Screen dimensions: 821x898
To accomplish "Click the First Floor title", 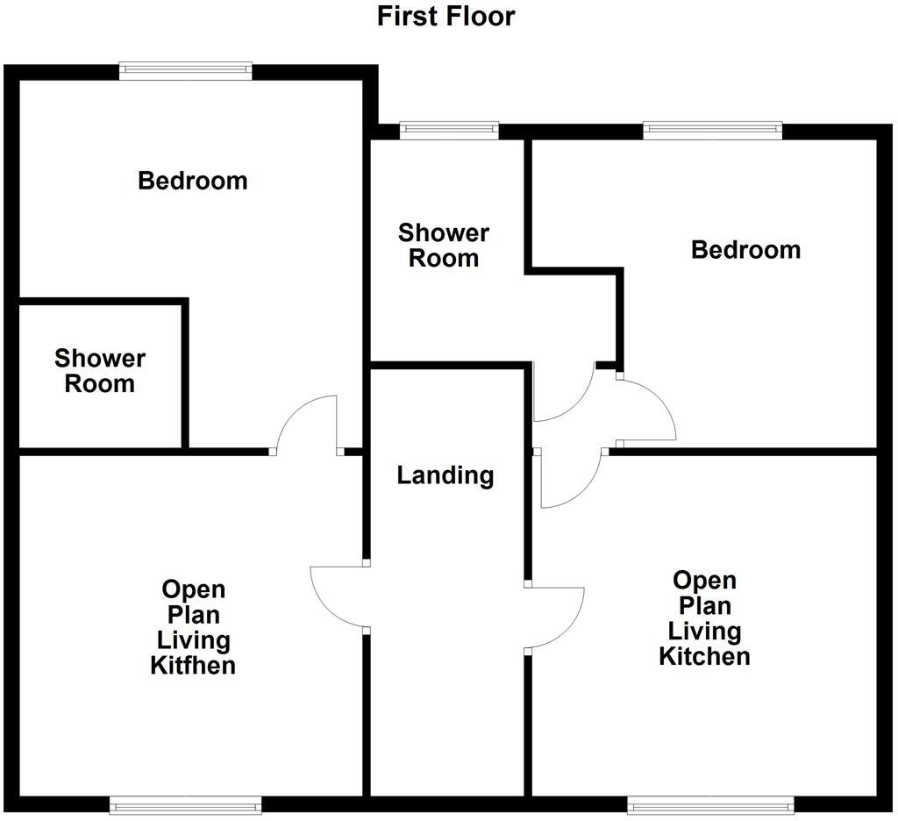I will (445, 16).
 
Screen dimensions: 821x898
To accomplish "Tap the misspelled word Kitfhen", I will (193, 665).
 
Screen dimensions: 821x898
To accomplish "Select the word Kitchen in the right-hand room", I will (704, 656).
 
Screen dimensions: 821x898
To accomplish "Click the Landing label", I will (445, 475).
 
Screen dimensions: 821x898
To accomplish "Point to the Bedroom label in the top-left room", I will (193, 181).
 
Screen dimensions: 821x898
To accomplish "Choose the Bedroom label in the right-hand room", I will (745, 250).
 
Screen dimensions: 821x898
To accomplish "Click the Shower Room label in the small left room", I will (100, 371).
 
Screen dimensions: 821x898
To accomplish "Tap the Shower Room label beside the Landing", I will (444, 246).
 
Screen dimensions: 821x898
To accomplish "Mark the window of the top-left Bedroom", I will (186, 71).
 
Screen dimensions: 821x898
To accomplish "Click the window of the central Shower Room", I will (449, 130).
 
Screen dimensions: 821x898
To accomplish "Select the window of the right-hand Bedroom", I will (712, 130).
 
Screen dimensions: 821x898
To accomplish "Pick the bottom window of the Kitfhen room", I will (186, 803).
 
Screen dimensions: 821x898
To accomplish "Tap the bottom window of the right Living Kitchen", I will (710, 803).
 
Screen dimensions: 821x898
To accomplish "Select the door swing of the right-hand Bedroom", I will (645, 410).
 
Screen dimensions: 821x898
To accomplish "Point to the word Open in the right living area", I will (704, 581).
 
